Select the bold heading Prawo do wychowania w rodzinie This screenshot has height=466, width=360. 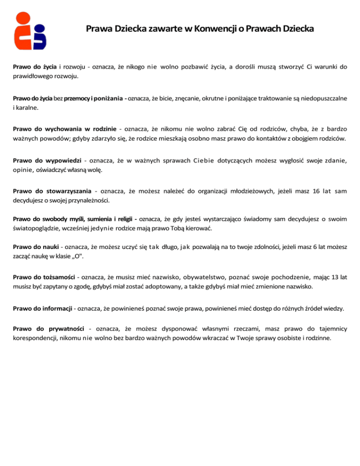pos(65,129)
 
